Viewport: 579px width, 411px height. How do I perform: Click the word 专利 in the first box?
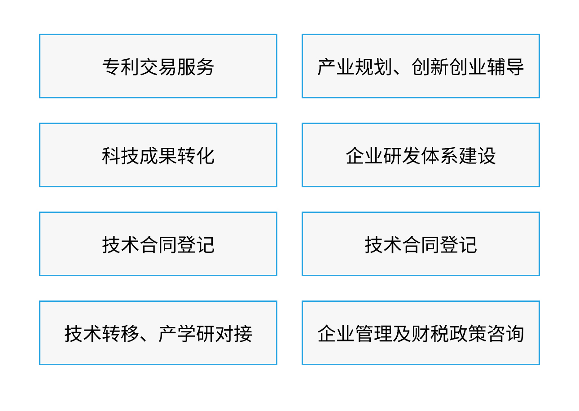click(x=121, y=66)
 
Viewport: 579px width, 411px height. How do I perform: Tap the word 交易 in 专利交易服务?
click(x=158, y=66)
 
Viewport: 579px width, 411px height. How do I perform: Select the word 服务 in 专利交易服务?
click(x=196, y=66)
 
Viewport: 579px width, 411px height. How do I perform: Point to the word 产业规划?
click(x=355, y=66)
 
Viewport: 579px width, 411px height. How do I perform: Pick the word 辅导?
click(x=505, y=66)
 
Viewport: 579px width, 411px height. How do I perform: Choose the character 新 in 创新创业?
click(x=440, y=66)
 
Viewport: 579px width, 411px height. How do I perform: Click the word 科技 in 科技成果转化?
click(x=121, y=155)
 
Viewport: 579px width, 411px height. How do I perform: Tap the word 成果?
click(x=158, y=155)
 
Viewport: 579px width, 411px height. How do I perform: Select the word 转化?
click(x=196, y=155)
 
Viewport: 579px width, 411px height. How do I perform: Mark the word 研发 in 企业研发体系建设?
click(x=402, y=155)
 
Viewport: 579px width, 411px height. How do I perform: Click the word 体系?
click(x=439, y=155)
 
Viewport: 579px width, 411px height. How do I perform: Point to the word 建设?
click(x=477, y=155)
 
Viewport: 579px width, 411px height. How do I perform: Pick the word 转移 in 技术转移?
click(x=121, y=333)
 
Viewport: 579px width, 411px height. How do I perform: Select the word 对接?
click(x=233, y=333)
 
